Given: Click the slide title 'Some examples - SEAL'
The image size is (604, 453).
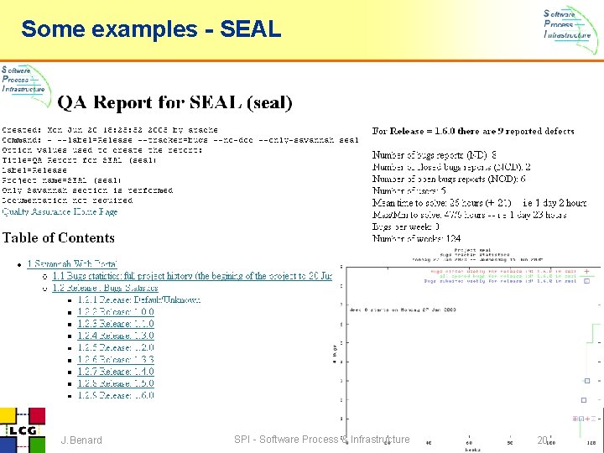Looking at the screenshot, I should coord(151,29).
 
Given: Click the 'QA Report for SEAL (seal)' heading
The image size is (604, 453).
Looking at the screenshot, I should coord(174,102).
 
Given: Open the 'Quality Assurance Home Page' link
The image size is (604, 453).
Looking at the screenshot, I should coord(60,211).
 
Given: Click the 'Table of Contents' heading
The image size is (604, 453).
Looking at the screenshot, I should coord(59,238).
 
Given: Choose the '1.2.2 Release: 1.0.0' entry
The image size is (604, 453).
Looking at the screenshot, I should coord(116,311).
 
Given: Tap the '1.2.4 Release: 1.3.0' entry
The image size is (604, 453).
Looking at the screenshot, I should coord(116,336).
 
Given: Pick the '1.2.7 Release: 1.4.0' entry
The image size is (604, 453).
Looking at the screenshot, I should coord(116,371).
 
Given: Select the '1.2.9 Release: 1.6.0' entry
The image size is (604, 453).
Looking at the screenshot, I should coord(116,394).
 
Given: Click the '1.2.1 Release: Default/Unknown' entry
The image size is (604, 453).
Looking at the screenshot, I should coord(139,299).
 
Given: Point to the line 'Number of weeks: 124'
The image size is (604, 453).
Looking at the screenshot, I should coord(416,238).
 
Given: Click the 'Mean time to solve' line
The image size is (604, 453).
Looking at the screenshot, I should coord(479,202).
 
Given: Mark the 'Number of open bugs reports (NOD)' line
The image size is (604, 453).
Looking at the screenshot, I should coord(449,179).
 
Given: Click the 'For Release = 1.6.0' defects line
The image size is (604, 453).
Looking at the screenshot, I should coord(473,131).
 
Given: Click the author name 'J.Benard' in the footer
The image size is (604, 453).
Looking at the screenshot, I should coord(81,440).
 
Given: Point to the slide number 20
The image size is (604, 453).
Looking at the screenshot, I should coord(542,440).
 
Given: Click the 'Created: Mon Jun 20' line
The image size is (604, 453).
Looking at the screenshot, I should coord(109,130).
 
